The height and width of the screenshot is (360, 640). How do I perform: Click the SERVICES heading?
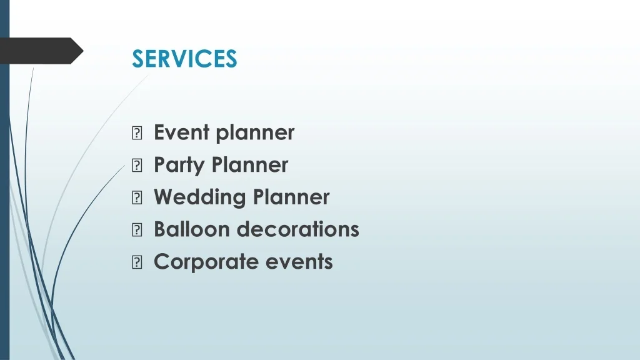184,58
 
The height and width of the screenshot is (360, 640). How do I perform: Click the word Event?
182,132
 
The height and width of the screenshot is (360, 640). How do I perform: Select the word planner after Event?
255,134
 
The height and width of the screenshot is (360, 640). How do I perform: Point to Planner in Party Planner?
250,164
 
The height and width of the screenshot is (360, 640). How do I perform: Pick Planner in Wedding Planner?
291,197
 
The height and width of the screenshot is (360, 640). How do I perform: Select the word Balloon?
192,229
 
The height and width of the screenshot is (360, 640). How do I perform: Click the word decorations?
298,229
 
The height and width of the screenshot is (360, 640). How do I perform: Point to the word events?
299,262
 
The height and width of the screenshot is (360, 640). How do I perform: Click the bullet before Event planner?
137,133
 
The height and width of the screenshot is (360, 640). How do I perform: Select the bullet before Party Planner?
137,165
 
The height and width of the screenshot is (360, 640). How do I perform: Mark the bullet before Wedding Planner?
137,197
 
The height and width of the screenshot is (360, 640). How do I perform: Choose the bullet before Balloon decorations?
137,230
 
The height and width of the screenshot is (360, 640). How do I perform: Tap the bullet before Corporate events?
137,262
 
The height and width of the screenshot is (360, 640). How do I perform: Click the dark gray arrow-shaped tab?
41,51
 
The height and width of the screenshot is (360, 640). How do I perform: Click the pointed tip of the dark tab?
83,51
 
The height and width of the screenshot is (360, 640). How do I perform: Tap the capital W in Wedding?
164,197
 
